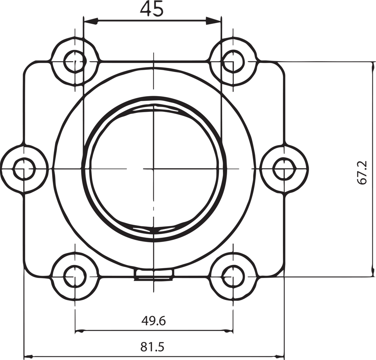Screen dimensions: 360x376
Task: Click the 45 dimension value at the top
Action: pyautogui.click(x=152, y=9)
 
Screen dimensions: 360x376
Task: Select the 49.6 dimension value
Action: pyautogui.click(x=153, y=321)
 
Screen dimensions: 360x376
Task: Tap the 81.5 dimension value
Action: pyautogui.click(x=152, y=347)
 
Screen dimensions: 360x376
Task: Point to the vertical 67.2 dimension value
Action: pyautogui.click(x=362, y=172)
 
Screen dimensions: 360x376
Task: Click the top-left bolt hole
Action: pyautogui.click(x=74, y=62)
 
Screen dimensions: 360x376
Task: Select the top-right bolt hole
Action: pyautogui.click(x=233, y=62)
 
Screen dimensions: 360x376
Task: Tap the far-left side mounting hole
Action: pyautogui.click(x=24, y=169)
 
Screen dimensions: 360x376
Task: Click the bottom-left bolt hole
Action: pyautogui.click(x=74, y=276)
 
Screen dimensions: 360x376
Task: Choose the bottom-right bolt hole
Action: pyautogui.click(x=233, y=276)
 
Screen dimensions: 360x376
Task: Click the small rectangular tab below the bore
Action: pyautogui.click(x=154, y=274)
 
